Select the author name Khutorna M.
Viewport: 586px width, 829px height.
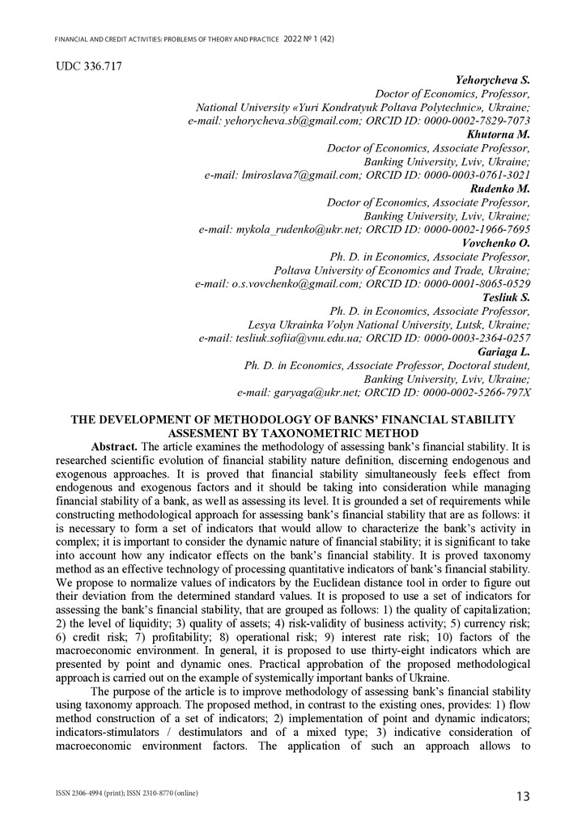click(x=499, y=134)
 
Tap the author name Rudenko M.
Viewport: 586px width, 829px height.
click(x=500, y=189)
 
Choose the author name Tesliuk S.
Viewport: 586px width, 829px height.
click(x=506, y=297)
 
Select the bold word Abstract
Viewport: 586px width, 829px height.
click(x=113, y=447)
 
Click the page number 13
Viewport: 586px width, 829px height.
click(x=523, y=797)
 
